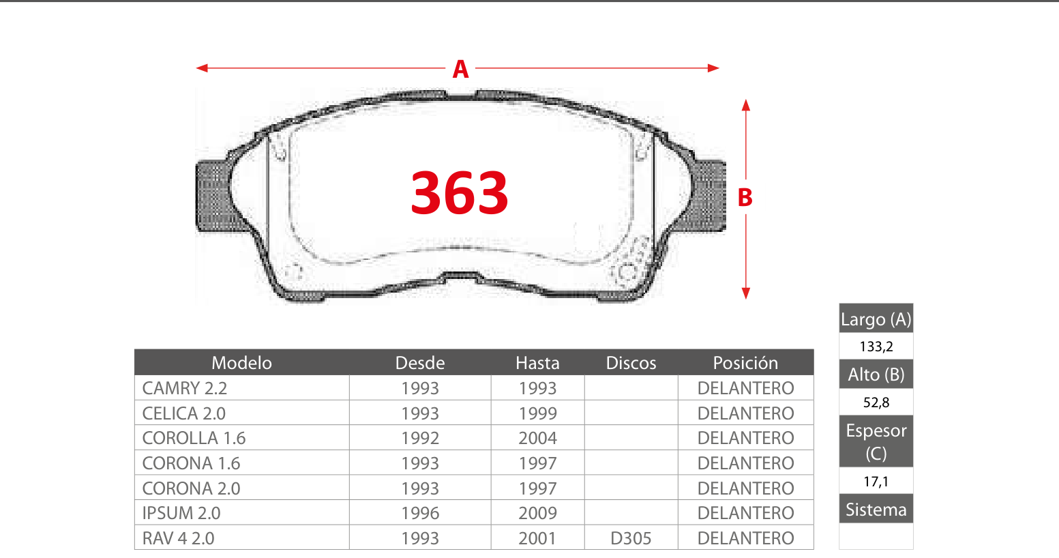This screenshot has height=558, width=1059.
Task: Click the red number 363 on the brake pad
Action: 460,192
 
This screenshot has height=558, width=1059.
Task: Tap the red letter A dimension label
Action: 460,69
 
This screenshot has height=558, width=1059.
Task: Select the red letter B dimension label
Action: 745,198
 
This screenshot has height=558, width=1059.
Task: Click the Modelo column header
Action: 241,363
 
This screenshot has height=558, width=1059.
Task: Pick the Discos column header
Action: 631,363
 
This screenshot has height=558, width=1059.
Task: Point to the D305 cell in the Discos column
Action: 631,538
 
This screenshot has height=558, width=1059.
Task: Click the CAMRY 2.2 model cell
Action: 185,388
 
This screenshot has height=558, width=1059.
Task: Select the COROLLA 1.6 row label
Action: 194,439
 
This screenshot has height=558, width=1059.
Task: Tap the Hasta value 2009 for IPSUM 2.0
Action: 537,513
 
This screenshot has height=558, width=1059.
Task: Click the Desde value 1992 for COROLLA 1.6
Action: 420,439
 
